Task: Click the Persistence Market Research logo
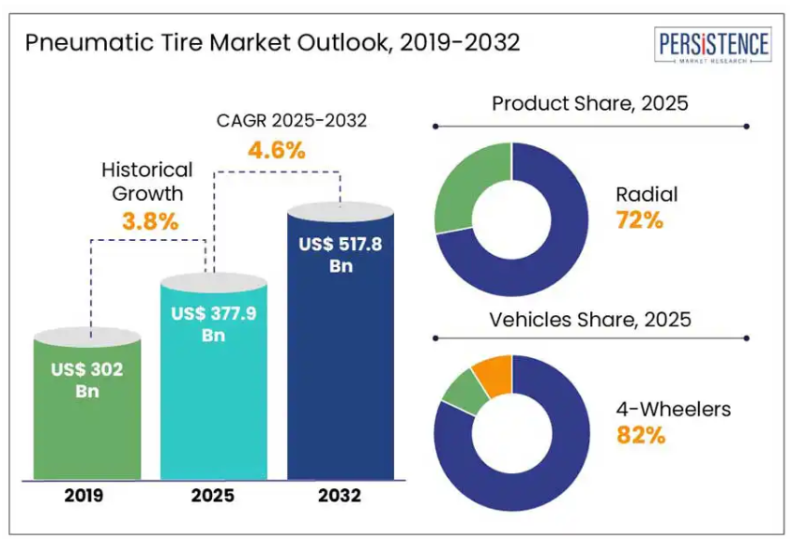713,46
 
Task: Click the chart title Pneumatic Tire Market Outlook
272,43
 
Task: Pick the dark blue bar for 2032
340,375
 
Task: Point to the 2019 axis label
86,495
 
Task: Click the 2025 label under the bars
213,495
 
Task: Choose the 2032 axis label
340,495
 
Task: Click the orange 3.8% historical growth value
150,221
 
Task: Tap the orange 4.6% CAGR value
276,149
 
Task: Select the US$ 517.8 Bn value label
340,254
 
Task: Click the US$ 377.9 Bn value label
213,323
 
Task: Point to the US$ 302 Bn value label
86,379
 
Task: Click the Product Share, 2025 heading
589,103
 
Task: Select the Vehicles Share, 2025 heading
589,320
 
